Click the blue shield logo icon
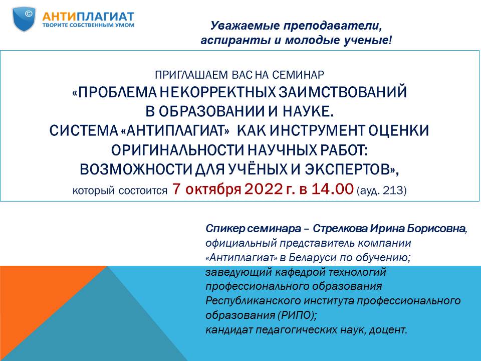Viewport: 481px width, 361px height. [x=24, y=19]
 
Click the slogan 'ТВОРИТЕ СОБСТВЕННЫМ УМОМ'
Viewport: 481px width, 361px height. [x=88, y=25]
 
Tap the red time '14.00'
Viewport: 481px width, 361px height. [x=332, y=189]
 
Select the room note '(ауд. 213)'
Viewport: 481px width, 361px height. [x=382, y=191]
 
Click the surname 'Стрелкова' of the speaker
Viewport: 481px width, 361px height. [x=340, y=229]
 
